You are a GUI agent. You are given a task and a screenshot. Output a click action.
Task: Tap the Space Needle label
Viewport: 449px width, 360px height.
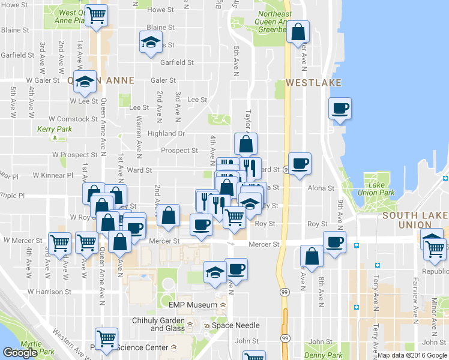point(236,325)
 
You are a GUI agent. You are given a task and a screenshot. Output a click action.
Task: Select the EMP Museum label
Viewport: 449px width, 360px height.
point(193,305)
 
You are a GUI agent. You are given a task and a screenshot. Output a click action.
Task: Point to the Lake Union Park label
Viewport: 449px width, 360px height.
point(384,189)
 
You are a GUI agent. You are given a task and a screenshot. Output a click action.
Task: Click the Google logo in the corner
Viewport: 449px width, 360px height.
point(20,353)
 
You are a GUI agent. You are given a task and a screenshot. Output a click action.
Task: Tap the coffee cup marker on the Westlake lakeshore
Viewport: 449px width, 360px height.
point(340,109)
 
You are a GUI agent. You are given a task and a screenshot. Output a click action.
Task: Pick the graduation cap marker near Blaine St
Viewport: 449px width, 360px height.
point(151,41)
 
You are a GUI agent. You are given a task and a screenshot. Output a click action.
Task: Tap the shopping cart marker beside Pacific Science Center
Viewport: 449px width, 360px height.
point(106,338)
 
